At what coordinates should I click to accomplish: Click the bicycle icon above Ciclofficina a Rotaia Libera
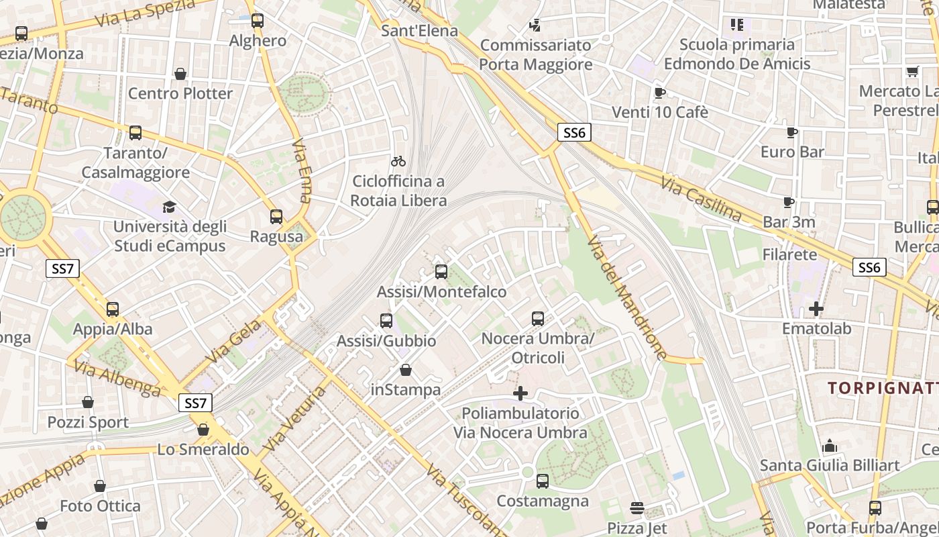pos(398,161)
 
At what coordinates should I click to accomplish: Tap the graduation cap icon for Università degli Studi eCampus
pos(169,207)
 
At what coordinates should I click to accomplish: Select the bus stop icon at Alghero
pos(258,21)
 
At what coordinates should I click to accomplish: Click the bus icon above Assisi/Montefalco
pos(441,272)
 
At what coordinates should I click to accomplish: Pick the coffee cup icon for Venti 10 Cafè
pos(659,93)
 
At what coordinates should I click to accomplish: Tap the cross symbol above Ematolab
pos(816,309)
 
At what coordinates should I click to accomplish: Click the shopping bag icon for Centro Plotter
pos(180,73)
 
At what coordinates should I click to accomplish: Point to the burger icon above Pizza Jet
pos(637,508)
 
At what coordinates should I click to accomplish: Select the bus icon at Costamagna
pos(543,481)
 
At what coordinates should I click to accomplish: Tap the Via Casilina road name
pos(701,199)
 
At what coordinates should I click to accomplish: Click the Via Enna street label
pos(303,172)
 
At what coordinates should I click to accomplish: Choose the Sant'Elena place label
pos(419,31)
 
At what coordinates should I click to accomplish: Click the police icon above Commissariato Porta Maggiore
pos(535,26)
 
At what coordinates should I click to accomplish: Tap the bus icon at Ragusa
pos(276,217)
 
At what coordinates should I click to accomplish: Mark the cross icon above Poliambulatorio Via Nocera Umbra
pos(520,393)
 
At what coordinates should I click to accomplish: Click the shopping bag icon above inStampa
pos(406,370)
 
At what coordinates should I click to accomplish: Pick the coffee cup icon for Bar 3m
pos(789,202)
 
